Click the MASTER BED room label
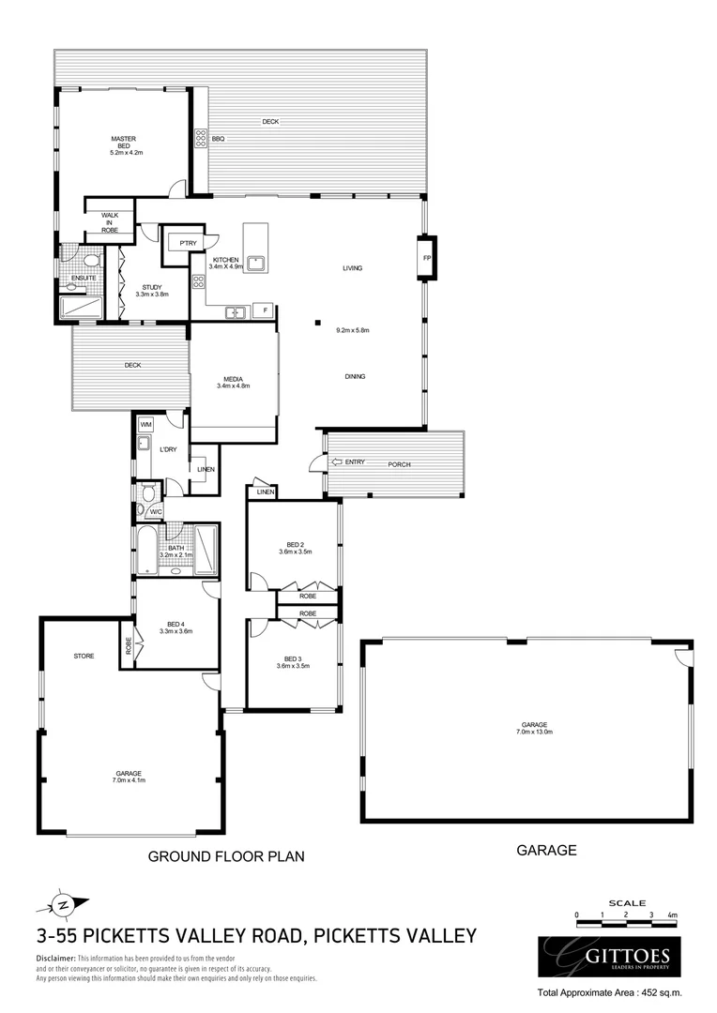pos(124,142)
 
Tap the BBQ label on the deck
pos(218,139)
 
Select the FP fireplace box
pos(426,257)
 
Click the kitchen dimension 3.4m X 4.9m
pos(227,266)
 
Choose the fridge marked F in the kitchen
pos(266,309)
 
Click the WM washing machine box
pos(145,425)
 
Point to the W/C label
pos(156,511)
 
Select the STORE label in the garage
pos(84,656)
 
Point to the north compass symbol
pos(63,905)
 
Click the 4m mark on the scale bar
pos(672,914)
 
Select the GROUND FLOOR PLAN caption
pos(226,856)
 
